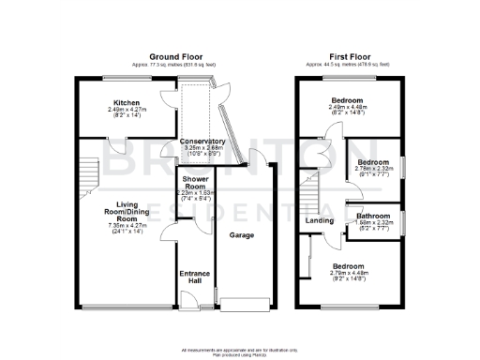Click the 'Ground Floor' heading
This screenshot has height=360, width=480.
coord(177,56)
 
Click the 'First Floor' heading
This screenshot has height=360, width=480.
coord(350,56)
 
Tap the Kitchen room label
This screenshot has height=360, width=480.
coord(127,102)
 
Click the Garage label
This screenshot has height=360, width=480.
coord(243,235)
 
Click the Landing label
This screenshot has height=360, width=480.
coord(320,221)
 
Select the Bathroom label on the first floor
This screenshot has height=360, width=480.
coord(371,215)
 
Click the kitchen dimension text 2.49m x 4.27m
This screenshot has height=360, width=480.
coord(127,110)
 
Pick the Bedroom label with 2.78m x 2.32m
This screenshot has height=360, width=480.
coord(372,162)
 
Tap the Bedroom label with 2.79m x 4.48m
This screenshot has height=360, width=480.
coord(350,267)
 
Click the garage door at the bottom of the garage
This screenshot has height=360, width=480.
coord(246,303)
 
